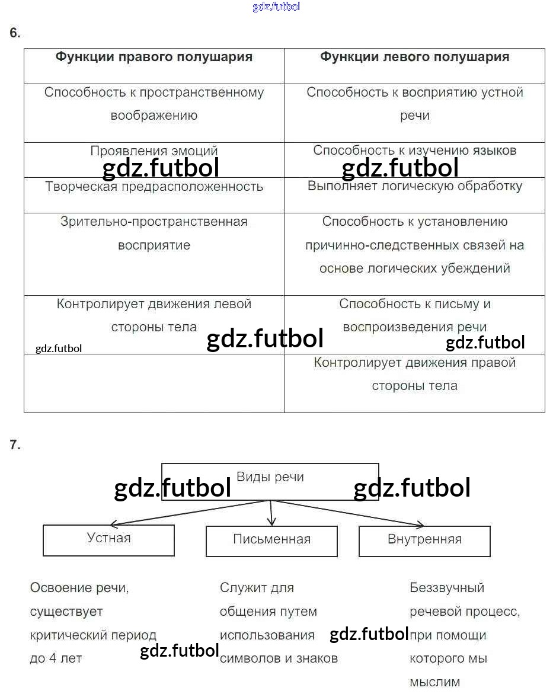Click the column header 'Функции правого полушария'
154,57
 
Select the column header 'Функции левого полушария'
414,57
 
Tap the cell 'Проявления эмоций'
154,151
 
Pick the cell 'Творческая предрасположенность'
154,187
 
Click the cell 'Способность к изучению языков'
414,151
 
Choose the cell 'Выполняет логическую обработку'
414,186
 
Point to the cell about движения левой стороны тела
154,315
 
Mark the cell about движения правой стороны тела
414,374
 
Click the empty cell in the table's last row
154,383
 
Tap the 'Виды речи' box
270,478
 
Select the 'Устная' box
108,539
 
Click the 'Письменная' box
271,540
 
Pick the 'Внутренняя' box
424,540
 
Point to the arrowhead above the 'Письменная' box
271,522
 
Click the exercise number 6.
15,33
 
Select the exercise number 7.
15,446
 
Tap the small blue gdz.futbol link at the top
276,7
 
